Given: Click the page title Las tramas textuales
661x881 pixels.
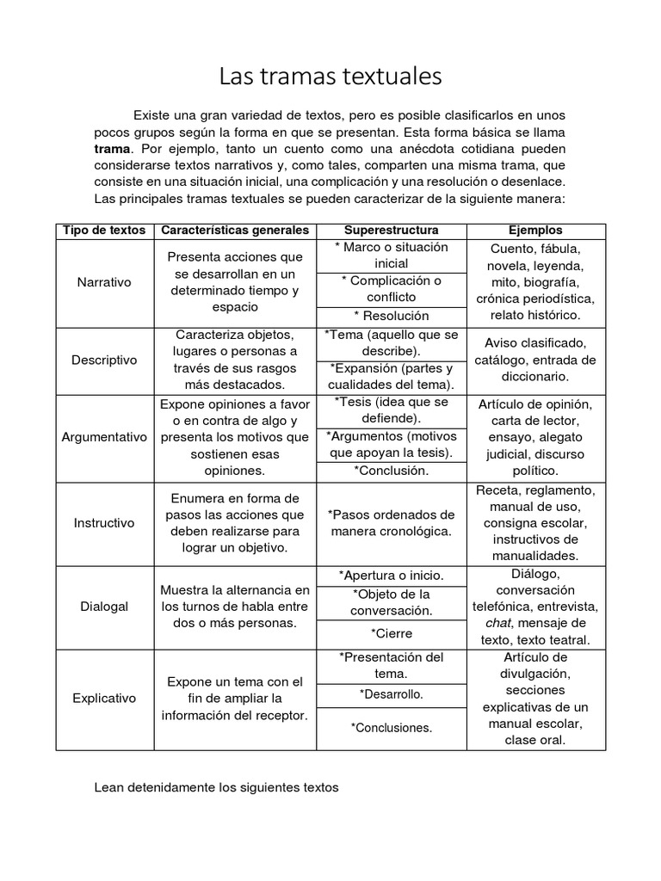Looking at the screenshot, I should click(330, 77).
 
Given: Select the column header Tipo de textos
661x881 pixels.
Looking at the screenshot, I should click(104, 231).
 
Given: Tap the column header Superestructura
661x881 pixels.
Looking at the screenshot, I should click(391, 231).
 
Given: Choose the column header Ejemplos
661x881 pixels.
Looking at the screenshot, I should click(535, 231).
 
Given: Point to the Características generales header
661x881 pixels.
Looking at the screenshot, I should click(235, 231).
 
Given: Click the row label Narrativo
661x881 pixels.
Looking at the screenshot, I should click(104, 282).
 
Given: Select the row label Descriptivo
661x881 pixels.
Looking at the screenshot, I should click(104, 360).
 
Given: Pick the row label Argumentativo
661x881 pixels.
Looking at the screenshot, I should click(104, 437).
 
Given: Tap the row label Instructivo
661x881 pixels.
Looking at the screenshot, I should click(104, 522).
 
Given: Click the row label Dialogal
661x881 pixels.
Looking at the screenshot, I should click(104, 607).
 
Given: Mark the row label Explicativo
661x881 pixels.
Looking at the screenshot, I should click(104, 699).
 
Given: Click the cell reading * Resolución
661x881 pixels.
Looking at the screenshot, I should click(391, 316).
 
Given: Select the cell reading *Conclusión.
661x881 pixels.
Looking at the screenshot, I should click(391, 471).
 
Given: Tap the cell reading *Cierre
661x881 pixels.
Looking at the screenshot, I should click(391, 633).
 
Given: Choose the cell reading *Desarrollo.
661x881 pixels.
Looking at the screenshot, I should click(391, 693).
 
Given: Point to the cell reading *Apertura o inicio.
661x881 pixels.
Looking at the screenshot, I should click(391, 575).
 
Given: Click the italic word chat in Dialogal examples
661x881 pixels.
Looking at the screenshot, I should click(498, 623).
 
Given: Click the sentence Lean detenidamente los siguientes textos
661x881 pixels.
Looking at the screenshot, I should click(216, 787).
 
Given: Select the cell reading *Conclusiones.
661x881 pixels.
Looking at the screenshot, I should click(391, 728).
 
